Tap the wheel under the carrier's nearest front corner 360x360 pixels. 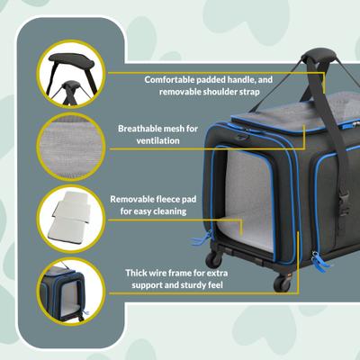point(281,283)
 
